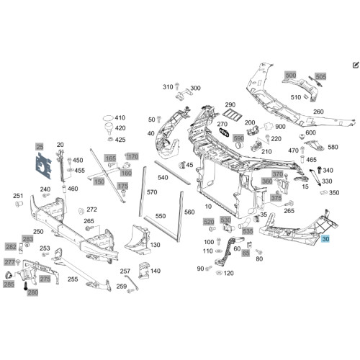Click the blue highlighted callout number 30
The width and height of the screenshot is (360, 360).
click(325, 239)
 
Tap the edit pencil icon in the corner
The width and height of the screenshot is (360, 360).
click(356, 65)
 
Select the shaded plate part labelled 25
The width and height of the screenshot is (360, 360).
click(43, 166)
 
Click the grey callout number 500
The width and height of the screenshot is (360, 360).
click(291, 75)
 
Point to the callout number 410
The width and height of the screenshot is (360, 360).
click(120, 117)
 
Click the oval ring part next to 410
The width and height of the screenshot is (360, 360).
click(108, 118)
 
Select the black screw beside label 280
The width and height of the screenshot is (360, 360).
click(25, 286)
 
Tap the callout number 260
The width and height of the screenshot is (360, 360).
click(318, 112)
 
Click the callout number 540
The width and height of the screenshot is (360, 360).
click(163, 178)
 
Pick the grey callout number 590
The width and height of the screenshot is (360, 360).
click(238, 138)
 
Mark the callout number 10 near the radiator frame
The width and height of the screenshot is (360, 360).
click(208, 207)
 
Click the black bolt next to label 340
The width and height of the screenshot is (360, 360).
click(319, 170)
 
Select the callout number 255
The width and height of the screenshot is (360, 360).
click(73, 279)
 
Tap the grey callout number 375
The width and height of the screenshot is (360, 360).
click(276, 198)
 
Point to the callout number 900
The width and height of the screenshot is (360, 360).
click(280, 127)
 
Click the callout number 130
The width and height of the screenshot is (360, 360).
click(155, 245)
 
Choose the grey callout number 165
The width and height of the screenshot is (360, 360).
click(110, 158)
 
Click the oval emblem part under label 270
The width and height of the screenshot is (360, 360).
click(224, 132)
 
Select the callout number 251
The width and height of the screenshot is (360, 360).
click(18, 196)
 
